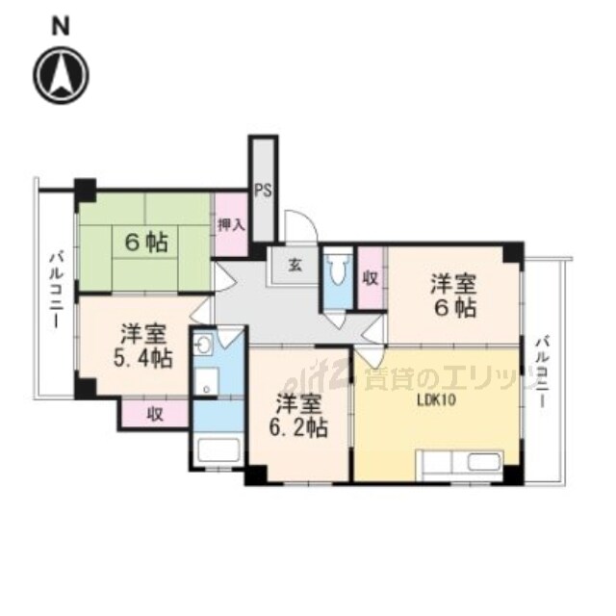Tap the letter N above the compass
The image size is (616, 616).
pos(62,26)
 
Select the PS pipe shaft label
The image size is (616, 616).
pos(263,191)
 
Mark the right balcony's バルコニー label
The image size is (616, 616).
pos(545,372)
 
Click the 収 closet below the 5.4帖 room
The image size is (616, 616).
pos(154,415)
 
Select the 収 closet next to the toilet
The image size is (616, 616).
pos(370,277)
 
